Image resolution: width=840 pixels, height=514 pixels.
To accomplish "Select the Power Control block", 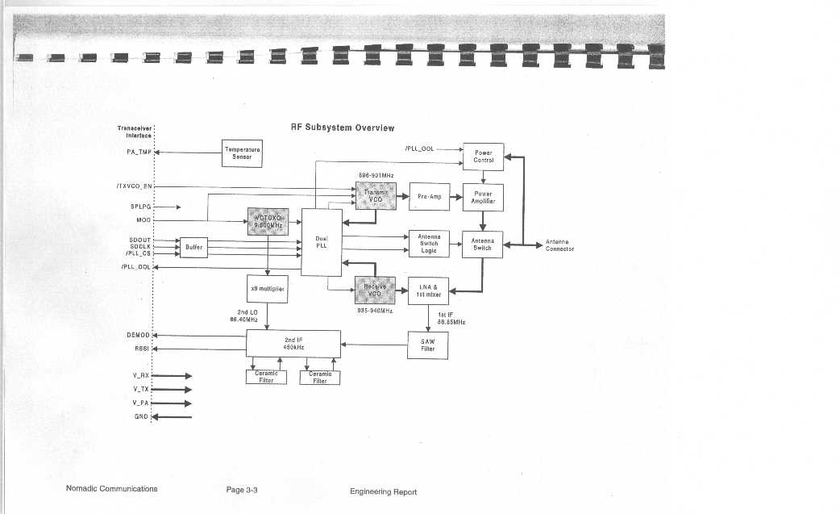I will (484, 157).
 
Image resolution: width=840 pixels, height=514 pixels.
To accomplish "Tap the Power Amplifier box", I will (483, 197).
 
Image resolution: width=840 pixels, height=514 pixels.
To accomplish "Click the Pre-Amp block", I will (429, 196).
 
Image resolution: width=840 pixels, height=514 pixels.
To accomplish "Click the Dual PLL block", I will (322, 242).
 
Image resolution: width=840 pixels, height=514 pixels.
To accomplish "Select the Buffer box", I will (193, 247).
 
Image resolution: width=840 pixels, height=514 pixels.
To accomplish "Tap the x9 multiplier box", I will (267, 288).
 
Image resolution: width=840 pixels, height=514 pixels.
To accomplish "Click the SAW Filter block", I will (428, 345).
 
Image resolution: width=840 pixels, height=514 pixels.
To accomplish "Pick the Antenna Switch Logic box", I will (429, 244).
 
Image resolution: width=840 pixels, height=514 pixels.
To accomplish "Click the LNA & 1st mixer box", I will (428, 290).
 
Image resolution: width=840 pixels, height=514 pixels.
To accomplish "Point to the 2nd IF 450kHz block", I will (293, 343).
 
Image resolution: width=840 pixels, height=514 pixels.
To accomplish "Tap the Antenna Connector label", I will (559, 245).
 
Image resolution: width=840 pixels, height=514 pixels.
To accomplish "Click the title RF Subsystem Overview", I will (343, 127).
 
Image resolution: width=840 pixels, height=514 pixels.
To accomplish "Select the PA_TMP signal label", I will (139, 152).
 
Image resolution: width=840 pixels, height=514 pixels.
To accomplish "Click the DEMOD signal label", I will (138, 334).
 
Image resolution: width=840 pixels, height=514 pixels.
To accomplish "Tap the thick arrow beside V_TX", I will (176, 390).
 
